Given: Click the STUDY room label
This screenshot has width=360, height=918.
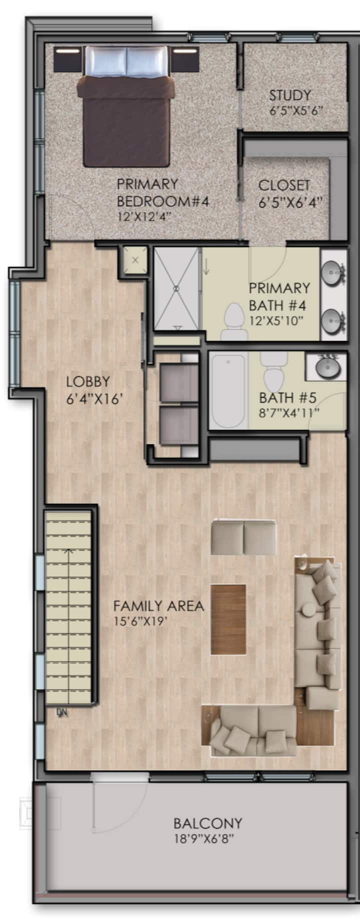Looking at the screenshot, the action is coord(290,95).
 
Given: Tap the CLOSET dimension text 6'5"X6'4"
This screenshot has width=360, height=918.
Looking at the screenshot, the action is coord(290,203).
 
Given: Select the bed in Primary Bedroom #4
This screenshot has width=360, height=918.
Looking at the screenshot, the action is coord(125,106).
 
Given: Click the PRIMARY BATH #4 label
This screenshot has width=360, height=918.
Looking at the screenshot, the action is coord(279,296).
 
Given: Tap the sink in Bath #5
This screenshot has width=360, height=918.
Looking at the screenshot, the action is coord(328,368).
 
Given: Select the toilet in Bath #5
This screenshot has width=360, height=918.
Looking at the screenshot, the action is coord(273,372).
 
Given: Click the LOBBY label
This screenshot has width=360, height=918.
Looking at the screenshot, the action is coord(87,381).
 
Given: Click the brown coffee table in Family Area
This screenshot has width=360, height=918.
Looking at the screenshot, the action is coord(228,619).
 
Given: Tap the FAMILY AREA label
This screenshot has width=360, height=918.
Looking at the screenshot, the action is coord(158,606).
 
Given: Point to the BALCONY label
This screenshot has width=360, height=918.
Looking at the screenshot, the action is coord(207,823).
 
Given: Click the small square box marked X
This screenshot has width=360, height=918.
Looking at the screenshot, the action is coord(135,260).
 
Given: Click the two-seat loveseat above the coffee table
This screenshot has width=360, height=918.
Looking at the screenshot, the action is coord(243,537).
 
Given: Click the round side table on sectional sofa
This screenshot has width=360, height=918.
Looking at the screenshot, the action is coord(308,610).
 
